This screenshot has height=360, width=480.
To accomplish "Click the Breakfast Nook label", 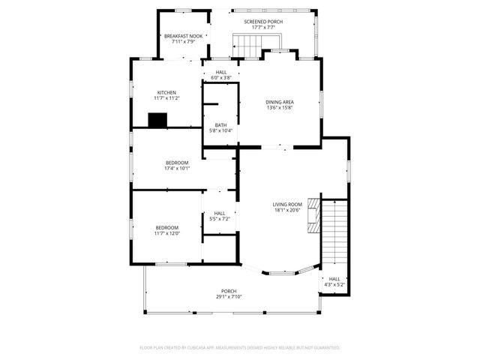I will coord(184,36).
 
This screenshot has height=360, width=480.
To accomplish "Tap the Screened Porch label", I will coord(262,22).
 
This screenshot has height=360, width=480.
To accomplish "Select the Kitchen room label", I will coord(166,92).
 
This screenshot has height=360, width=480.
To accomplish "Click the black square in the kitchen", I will coord(157,120).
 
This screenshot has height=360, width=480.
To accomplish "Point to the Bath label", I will coord(220,125).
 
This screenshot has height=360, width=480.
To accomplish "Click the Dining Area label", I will coord(279,102).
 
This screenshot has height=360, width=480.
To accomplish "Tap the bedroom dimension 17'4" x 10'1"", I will coord(177,168).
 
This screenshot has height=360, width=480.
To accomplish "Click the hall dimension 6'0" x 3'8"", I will coord(220,77).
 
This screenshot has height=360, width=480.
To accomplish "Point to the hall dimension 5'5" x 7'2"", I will coord(220,218).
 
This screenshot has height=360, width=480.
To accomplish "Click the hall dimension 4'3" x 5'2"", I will coord(334,284).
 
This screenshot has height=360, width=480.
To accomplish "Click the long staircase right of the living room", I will coord(336,229).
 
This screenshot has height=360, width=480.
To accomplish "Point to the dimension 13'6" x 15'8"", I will coord(279,107).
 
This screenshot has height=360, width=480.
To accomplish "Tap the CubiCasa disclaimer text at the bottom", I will coord(240,347).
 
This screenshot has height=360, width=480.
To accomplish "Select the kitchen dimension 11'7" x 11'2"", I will coord(166,97).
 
